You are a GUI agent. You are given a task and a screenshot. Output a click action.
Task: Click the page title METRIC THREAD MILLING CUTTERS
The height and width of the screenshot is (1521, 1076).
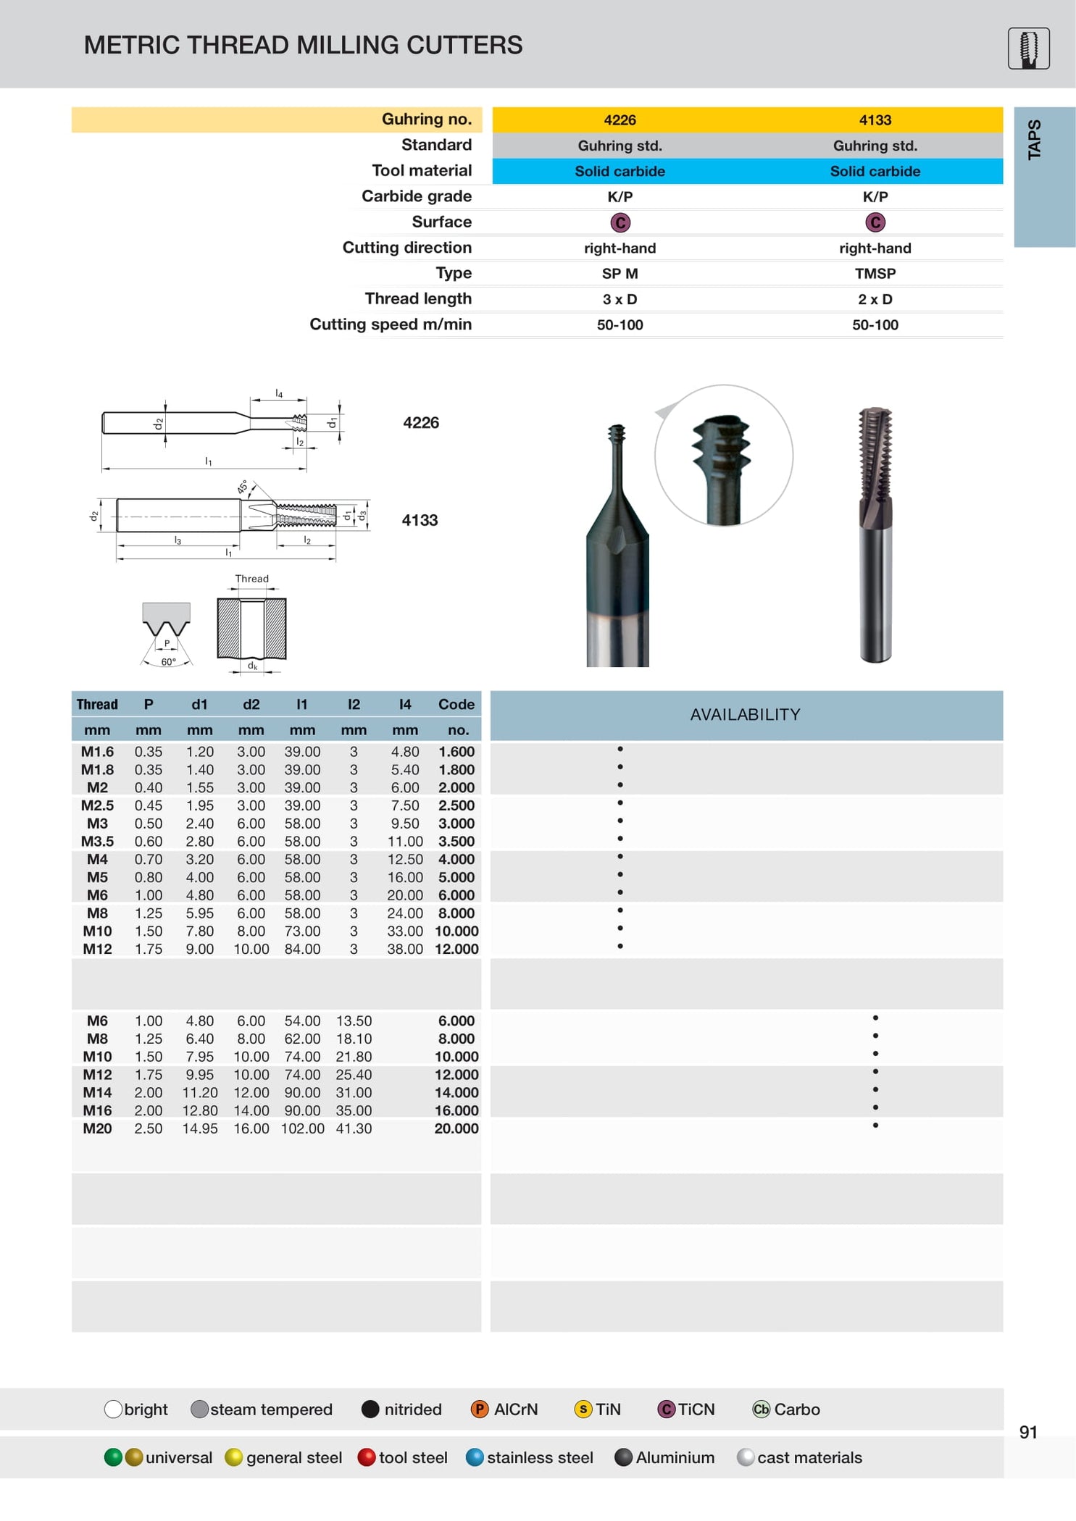[x=303, y=45]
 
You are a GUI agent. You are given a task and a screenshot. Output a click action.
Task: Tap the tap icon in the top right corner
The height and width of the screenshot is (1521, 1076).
[x=1028, y=49]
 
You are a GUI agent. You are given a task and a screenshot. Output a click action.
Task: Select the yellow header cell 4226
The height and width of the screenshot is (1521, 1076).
[x=620, y=120]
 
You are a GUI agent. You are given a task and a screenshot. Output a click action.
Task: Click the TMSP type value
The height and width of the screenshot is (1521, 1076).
[x=875, y=274]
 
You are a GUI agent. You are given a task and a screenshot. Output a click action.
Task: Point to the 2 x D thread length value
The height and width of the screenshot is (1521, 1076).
[x=875, y=299]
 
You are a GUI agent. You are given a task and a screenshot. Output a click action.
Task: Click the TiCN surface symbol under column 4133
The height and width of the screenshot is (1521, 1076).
[x=875, y=222]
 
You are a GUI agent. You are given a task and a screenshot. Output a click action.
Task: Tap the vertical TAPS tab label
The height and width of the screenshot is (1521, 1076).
[x=1034, y=140]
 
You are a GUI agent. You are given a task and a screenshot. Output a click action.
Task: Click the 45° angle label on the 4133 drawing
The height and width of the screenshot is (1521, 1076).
[x=243, y=487]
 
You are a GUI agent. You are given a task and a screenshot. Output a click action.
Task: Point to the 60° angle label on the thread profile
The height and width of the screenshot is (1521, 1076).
[x=168, y=662]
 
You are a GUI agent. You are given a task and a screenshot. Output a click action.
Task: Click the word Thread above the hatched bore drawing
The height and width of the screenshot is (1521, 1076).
[x=251, y=579]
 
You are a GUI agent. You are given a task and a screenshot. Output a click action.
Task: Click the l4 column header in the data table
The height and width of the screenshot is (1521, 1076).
[x=405, y=704]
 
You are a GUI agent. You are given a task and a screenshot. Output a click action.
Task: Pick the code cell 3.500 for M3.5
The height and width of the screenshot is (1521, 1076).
[x=456, y=842]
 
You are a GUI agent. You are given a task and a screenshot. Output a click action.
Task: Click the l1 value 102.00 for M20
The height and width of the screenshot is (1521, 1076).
[x=302, y=1128]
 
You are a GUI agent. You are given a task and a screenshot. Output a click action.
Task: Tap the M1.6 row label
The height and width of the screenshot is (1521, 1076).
[x=97, y=752]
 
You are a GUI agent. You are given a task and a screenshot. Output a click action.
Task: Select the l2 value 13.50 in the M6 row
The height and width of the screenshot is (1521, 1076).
[x=354, y=1021]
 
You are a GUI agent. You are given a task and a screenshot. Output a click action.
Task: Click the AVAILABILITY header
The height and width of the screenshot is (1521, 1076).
[x=745, y=715]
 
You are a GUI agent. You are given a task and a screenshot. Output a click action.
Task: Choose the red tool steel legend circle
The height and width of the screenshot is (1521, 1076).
[x=367, y=1457]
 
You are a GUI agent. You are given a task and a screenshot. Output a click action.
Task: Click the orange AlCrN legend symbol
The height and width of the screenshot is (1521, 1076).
[x=479, y=1409]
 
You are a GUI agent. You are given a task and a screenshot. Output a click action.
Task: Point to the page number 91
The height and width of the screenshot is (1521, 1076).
[x=1027, y=1432]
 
